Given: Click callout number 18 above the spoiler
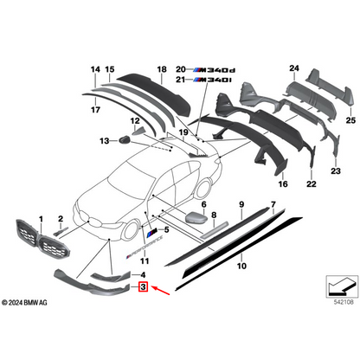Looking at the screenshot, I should click(161, 68).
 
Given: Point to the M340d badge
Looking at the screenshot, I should click(212, 68).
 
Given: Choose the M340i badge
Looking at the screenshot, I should click(212, 80).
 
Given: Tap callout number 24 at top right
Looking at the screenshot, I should click(293, 68).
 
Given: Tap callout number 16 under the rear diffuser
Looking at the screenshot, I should click(282, 185).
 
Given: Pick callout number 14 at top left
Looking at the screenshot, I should click(94, 68).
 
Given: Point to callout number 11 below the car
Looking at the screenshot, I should click(145, 261).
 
